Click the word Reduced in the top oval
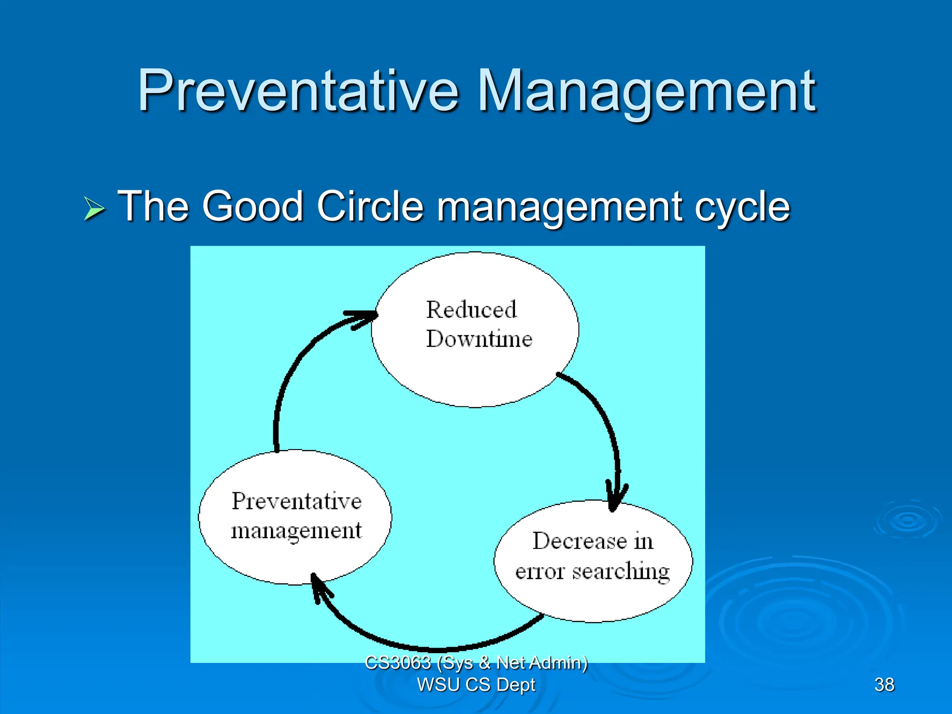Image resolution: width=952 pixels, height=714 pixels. pos(471,310)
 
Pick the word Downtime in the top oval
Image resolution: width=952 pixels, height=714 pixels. pos(479,339)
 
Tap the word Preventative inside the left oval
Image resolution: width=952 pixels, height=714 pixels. pos(297,501)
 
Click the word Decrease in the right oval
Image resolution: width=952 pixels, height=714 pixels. pos(579,541)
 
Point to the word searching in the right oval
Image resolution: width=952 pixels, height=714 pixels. pos(621,571)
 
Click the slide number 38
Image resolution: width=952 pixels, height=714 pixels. pos(884,684)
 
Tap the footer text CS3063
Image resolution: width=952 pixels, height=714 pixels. pos(398,662)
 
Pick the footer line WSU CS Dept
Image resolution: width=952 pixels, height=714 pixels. pos(476,685)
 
